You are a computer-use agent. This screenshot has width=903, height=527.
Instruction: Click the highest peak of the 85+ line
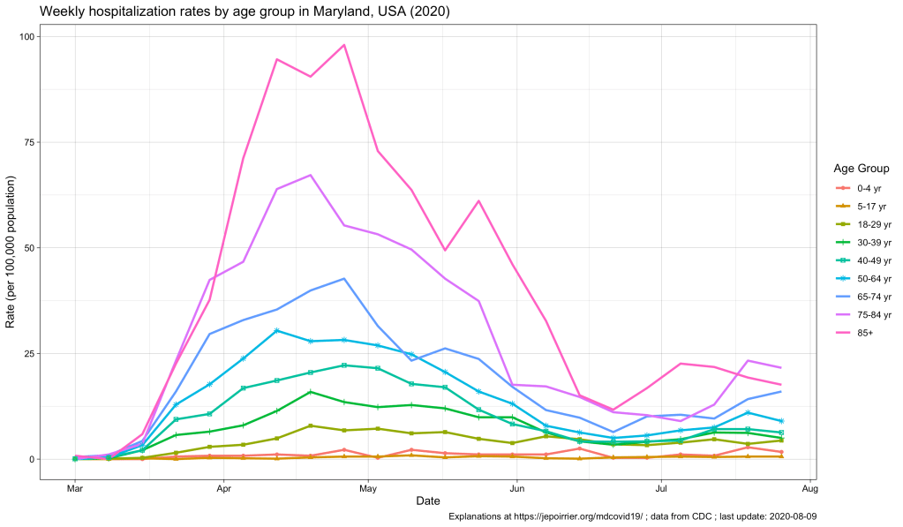coord(344,45)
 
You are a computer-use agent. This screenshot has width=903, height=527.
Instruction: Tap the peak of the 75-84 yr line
coord(311,175)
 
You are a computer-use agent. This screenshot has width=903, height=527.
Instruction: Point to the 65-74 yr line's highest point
coord(344,278)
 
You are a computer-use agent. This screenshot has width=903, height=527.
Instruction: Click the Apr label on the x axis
coord(223,487)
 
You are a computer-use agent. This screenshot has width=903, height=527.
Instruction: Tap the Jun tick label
coord(515,487)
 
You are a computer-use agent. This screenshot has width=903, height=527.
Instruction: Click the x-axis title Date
coord(428,501)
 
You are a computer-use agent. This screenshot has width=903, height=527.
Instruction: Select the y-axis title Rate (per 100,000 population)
coord(11,252)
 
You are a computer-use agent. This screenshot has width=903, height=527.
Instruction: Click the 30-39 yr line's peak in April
coord(311,391)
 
